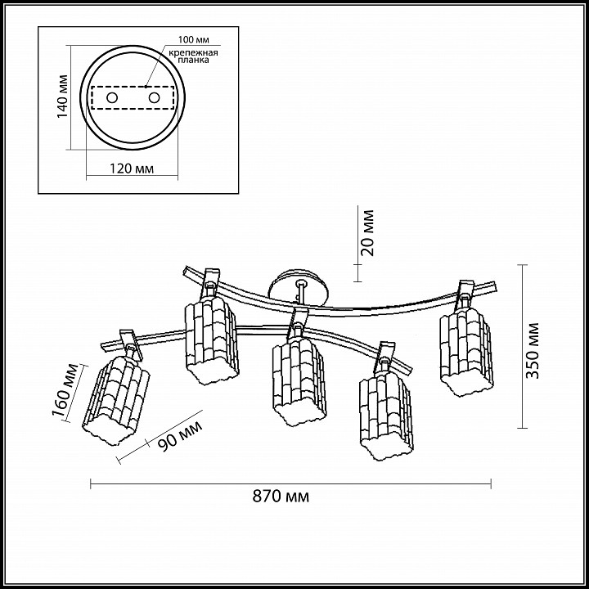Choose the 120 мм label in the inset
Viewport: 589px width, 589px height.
pyautogui.click(x=132, y=170)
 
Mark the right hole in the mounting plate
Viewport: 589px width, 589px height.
pyautogui.click(x=153, y=98)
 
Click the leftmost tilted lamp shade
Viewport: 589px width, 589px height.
pyautogui.click(x=116, y=395)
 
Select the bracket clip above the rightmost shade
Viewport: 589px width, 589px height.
pyautogui.click(x=466, y=290)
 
